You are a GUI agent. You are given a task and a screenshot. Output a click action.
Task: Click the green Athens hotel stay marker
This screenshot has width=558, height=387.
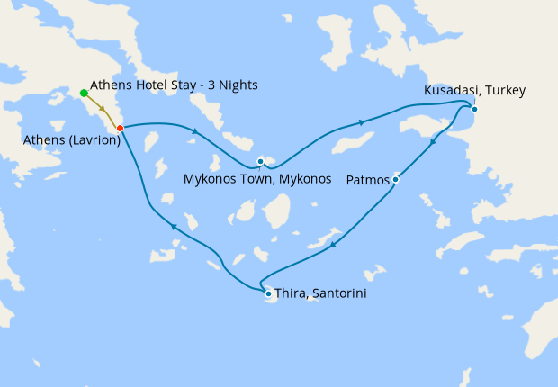click(x=84, y=93)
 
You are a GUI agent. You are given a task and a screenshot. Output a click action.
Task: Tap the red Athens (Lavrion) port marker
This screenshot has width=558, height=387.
click(x=120, y=128)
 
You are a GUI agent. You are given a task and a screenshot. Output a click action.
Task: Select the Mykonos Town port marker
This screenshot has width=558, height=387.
click(x=260, y=162)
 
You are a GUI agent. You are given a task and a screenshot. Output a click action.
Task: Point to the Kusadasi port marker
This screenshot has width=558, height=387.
click(x=474, y=110)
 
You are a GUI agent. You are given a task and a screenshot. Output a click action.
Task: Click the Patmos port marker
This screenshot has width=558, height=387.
click(x=395, y=180)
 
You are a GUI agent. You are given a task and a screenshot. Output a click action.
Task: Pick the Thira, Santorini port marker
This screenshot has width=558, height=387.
click(x=267, y=293)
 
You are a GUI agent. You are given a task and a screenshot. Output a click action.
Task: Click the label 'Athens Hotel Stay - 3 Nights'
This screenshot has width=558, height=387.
click(x=175, y=85)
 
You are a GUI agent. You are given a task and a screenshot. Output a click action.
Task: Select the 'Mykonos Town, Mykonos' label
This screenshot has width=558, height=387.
click(x=257, y=178)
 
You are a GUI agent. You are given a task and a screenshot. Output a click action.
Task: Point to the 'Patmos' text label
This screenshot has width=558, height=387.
click(x=368, y=181)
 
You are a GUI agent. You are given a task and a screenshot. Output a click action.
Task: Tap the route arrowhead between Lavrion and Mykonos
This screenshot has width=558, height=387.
click(x=193, y=132)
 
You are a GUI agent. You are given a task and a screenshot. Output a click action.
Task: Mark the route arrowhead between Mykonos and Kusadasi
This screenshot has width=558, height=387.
click(x=362, y=122)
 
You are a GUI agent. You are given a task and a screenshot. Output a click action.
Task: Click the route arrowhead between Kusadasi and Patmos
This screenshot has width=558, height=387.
click(x=433, y=141)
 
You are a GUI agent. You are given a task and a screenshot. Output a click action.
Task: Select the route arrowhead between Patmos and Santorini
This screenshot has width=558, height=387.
click(x=334, y=243)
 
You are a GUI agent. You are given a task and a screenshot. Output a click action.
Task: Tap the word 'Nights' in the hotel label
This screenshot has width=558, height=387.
click(x=238, y=85)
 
